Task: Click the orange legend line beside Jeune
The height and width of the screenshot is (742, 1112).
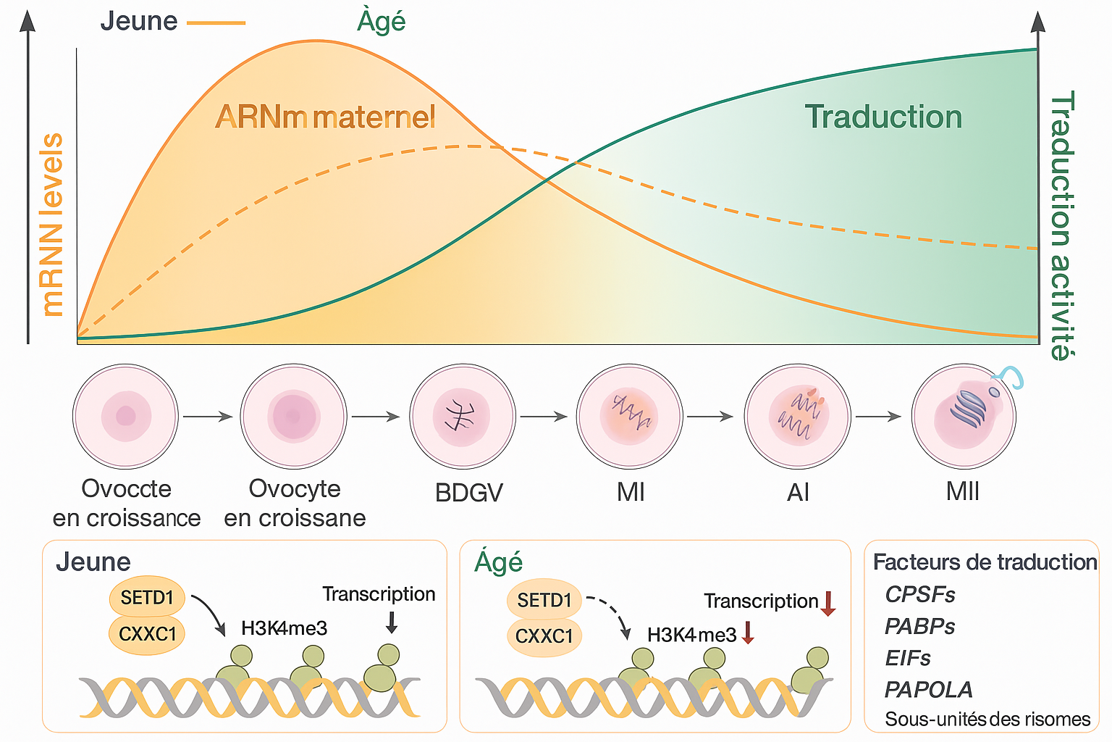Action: point(216,23)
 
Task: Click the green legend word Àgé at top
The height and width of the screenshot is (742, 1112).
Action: point(381,22)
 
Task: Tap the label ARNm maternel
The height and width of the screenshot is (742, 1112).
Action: point(325,117)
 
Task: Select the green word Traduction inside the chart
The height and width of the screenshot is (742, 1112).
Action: point(883,117)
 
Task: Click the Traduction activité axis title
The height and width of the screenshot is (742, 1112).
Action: point(1061,225)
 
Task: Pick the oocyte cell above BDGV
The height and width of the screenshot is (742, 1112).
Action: point(462,417)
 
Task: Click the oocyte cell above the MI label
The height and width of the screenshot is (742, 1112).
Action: point(629,417)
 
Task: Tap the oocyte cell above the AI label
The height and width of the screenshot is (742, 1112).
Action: point(797,417)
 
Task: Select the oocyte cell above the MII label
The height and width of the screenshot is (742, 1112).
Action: point(964,417)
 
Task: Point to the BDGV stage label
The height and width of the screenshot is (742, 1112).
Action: point(468,493)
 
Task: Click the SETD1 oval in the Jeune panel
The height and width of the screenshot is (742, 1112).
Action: point(147,599)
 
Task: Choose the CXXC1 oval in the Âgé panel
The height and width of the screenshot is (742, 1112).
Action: point(544,637)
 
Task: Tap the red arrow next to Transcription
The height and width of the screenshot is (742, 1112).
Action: point(828,603)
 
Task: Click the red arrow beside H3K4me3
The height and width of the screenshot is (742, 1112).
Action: point(749,633)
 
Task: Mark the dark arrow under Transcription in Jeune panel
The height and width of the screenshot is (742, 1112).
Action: point(392,622)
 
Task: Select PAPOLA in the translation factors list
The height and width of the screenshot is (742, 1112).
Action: point(928,689)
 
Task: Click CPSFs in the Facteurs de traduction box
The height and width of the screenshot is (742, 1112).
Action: point(919,595)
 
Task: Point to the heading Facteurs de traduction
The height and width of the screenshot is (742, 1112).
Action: point(985,562)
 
